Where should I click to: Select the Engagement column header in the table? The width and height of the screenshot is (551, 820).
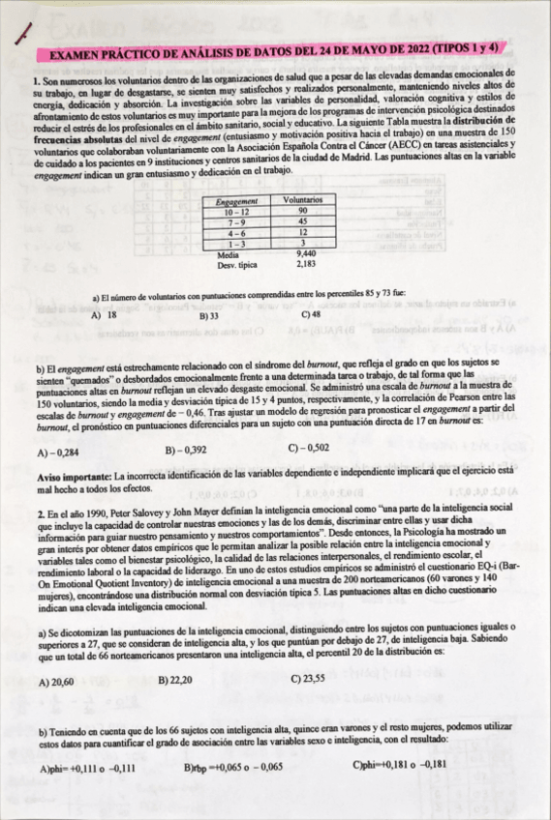point(236,198)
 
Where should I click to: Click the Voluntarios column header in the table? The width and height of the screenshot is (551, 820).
point(301,198)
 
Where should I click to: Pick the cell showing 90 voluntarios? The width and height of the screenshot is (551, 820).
point(301,210)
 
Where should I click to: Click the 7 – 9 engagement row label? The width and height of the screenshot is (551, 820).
point(236,221)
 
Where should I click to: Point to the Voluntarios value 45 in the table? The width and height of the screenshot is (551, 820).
point(301,221)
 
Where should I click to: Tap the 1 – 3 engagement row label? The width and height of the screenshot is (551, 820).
point(236,244)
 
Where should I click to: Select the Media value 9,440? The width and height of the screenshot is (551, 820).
point(303,254)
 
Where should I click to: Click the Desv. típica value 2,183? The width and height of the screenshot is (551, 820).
point(303,264)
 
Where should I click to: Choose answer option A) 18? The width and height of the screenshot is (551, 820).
point(105,316)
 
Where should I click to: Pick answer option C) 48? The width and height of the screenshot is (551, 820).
point(312,315)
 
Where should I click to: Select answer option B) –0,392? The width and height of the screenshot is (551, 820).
point(186,452)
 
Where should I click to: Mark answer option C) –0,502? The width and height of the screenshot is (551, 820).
point(309,451)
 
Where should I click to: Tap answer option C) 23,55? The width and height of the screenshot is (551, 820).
point(310,681)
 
